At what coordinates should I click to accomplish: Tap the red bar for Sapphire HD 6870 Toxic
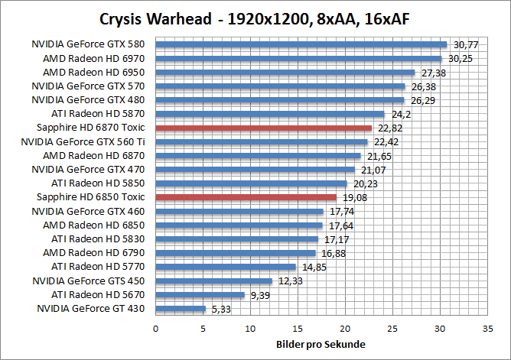coord(263,128)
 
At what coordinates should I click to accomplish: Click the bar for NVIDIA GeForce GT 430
coord(181,309)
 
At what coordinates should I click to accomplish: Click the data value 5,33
coord(219,310)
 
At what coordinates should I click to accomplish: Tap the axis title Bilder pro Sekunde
coord(320,344)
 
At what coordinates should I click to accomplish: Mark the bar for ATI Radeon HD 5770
coord(226,267)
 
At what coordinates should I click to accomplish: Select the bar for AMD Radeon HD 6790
coord(236,253)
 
